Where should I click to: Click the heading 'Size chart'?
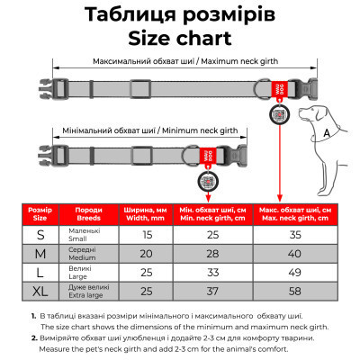179,39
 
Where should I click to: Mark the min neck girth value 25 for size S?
212,233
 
